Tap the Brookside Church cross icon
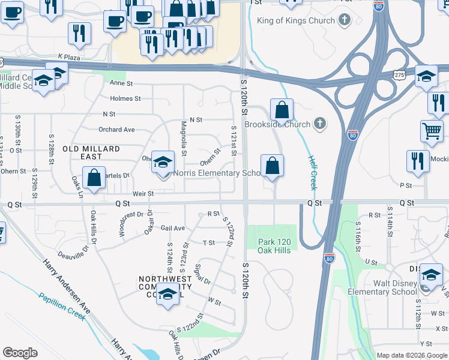point(320,125)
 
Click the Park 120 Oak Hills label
point(274,245)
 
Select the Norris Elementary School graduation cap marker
point(162,163)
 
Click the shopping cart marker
point(432,131)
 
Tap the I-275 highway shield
point(399,74)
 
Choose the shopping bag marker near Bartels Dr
point(94,178)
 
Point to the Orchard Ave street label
point(116,130)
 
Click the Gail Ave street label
point(173,229)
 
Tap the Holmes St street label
point(125,98)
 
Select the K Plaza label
point(69,56)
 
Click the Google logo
point(20,353)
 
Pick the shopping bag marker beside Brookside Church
point(282,111)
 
